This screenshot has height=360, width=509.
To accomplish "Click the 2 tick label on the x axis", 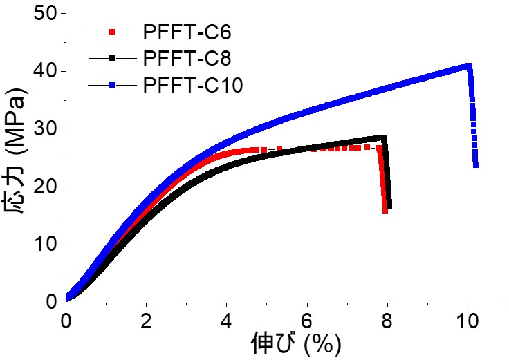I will pyautogui.click(x=146, y=321).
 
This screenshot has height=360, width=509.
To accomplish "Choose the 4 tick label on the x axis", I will pyautogui.click(x=227, y=321).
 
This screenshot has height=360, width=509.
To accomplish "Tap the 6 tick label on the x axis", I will pyautogui.click(x=307, y=321).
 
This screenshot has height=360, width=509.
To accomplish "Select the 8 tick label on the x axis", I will pyautogui.click(x=387, y=321).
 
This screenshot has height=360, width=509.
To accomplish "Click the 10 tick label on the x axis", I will pyautogui.click(x=468, y=321).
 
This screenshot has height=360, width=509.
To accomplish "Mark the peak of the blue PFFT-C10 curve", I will pyautogui.click(x=469, y=66).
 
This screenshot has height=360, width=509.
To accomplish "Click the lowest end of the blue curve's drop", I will pyautogui.click(x=476, y=165).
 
